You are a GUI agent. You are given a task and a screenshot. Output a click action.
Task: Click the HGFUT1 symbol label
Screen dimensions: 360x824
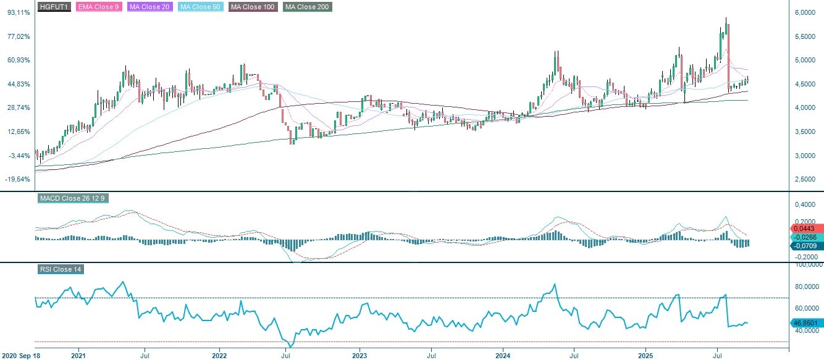tap(54, 7)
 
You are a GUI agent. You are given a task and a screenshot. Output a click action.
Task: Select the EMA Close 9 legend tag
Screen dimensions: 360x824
tap(98, 7)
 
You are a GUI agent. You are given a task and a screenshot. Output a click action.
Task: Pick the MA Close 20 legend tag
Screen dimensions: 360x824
tap(149, 7)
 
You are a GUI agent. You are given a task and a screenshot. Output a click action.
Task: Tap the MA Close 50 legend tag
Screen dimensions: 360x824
tap(200, 7)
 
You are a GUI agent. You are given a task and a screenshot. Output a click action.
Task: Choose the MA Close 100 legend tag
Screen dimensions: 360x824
tap(253, 7)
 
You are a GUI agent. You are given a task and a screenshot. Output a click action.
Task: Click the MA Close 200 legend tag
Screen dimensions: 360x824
tap(308, 7)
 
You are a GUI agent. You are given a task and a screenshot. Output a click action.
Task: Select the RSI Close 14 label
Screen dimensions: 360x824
tap(60, 269)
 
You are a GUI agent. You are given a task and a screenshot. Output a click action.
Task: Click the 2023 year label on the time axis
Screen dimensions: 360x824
tap(359, 356)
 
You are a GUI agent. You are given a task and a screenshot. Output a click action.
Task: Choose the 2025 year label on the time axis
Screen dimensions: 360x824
tap(645, 356)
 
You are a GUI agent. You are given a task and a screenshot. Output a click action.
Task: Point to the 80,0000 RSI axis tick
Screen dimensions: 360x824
tap(805, 287)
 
